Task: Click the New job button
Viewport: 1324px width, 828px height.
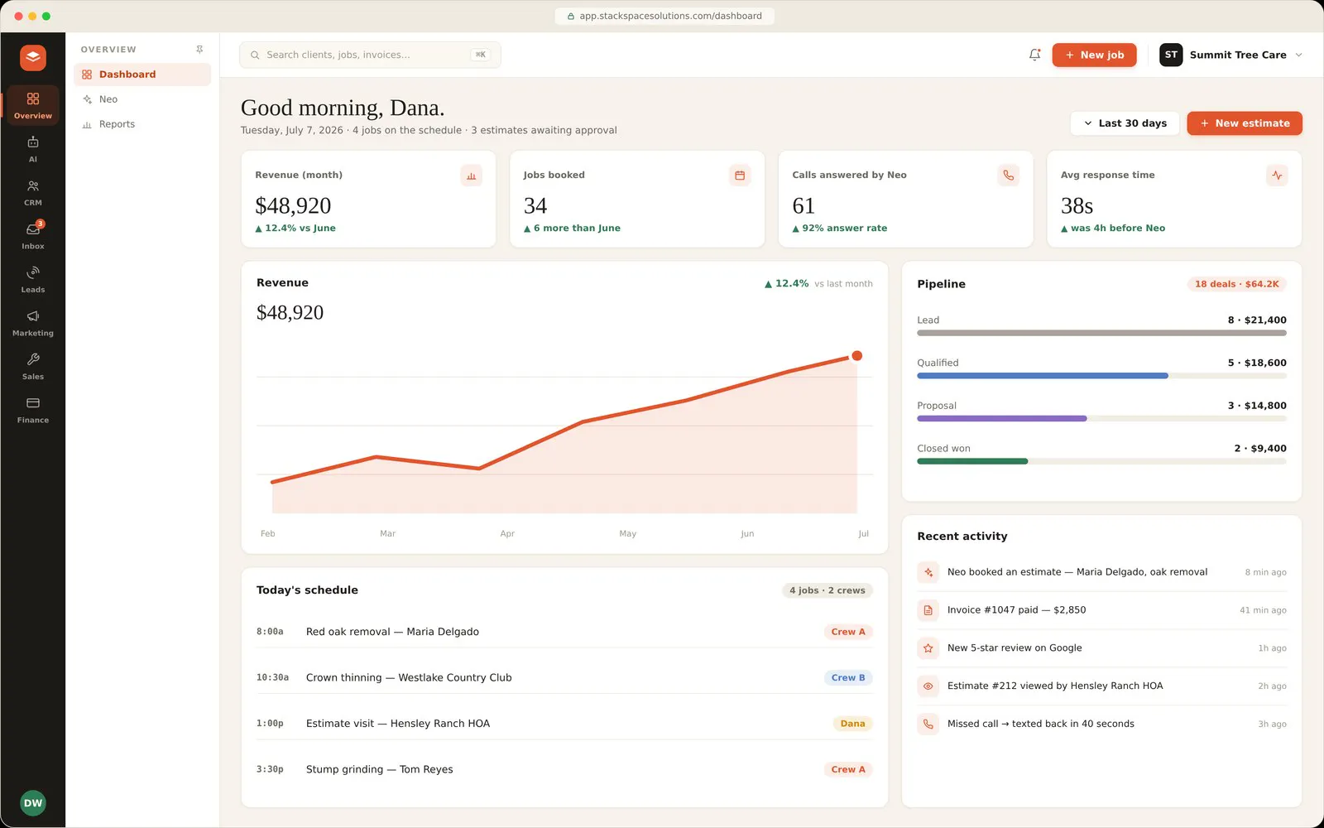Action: click(1094, 55)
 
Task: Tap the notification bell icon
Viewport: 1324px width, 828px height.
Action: click(1034, 55)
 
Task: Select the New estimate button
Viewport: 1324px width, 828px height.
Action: click(1245, 123)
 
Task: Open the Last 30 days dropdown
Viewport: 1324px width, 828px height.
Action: click(1125, 123)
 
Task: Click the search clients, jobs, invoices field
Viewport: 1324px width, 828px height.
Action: click(370, 55)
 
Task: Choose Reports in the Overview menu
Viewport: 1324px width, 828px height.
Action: click(117, 124)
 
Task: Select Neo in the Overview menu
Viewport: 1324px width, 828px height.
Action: click(108, 99)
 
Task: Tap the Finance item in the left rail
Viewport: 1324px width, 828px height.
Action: click(33, 409)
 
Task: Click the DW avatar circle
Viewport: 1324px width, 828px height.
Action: click(33, 802)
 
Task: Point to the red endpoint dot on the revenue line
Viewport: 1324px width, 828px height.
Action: click(857, 355)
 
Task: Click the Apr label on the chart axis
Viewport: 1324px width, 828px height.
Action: click(507, 533)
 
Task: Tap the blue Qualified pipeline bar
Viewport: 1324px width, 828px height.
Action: click(1043, 376)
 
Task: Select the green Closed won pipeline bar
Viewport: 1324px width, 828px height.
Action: click(972, 461)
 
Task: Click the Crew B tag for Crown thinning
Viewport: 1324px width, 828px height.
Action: click(848, 678)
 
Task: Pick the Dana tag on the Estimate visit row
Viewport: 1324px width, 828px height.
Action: click(852, 724)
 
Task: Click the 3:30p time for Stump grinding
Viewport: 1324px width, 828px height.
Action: click(270, 769)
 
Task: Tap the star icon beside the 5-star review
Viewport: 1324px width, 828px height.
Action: click(928, 648)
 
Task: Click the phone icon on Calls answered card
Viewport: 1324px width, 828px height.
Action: click(1009, 175)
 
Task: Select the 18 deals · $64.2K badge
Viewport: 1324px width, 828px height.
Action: click(1236, 284)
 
